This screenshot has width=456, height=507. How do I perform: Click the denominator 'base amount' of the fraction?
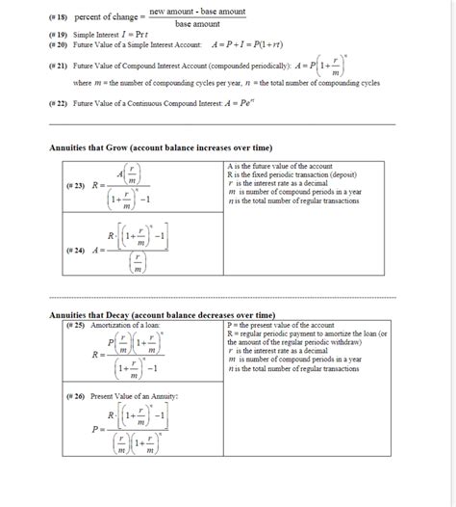tap(197, 24)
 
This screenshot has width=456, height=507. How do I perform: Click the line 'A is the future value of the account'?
tap(280, 167)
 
